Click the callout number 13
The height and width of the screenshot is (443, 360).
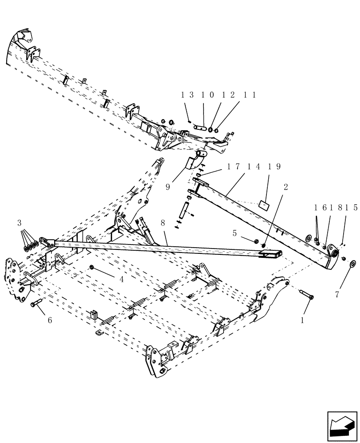pyautogui.click(x=187, y=95)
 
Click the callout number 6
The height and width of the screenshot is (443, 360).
pyautogui.click(x=49, y=320)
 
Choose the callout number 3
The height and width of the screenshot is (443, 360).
pyautogui.click(x=19, y=222)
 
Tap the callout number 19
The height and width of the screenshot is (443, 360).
pyautogui.click(x=275, y=167)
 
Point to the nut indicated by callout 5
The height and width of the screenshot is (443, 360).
pyautogui.click(x=257, y=241)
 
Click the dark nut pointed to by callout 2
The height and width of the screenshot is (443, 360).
pyautogui.click(x=264, y=245)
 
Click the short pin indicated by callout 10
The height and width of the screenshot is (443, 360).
pyautogui.click(x=200, y=128)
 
